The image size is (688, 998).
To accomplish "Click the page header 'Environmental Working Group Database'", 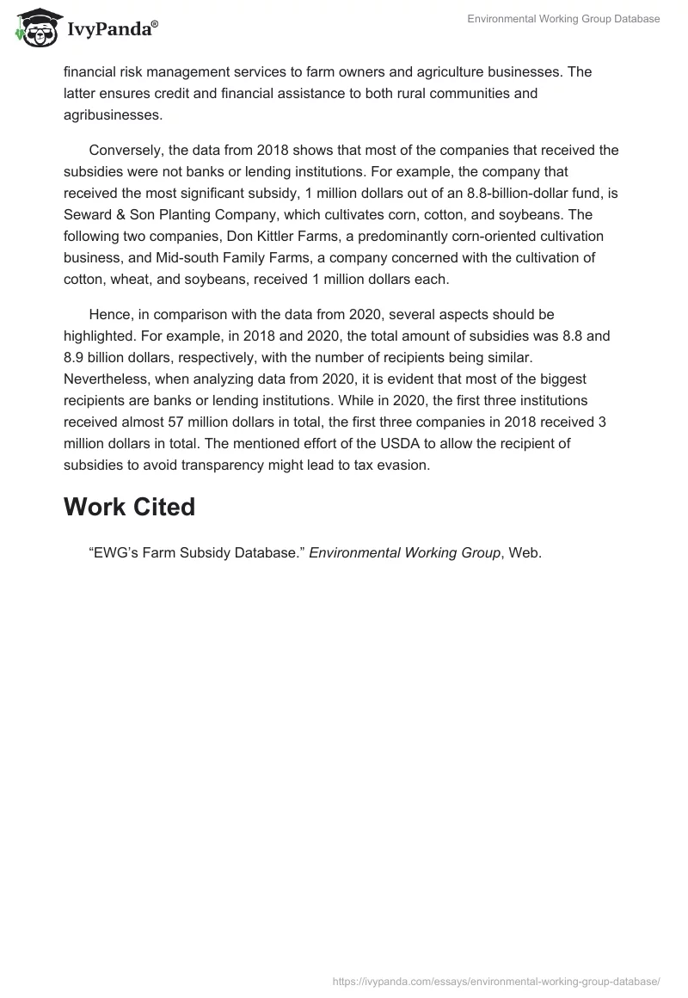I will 563,19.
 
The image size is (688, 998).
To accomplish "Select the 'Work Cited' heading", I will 129,507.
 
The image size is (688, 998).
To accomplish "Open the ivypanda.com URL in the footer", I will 496,980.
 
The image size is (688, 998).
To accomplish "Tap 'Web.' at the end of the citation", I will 525,553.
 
